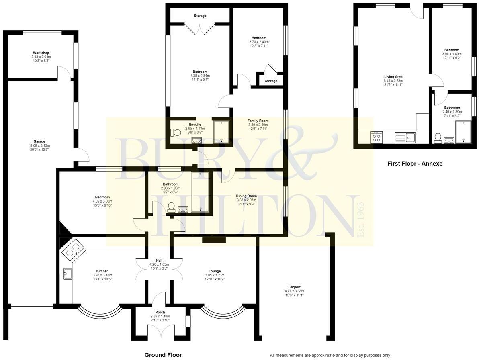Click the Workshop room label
pyautogui.click(x=41, y=53)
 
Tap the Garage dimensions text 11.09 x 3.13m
pyautogui.click(x=39, y=145)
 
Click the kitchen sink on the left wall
pyautogui.click(x=66, y=274)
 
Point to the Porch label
pyautogui.click(x=160, y=312)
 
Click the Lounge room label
pyautogui.click(x=215, y=271)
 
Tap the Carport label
pyautogui.click(x=294, y=287)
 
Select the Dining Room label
pyautogui.click(x=246, y=196)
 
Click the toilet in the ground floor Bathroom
pyautogui.click(x=171, y=207)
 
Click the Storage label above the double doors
pyautogui.click(x=200, y=16)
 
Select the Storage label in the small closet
pyautogui.click(x=271, y=81)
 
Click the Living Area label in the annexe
pyautogui.click(x=393, y=76)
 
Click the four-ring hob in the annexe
pyautogui.click(x=377, y=137)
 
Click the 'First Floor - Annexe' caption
pyautogui.click(x=415, y=164)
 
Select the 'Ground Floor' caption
pyautogui.click(x=163, y=355)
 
